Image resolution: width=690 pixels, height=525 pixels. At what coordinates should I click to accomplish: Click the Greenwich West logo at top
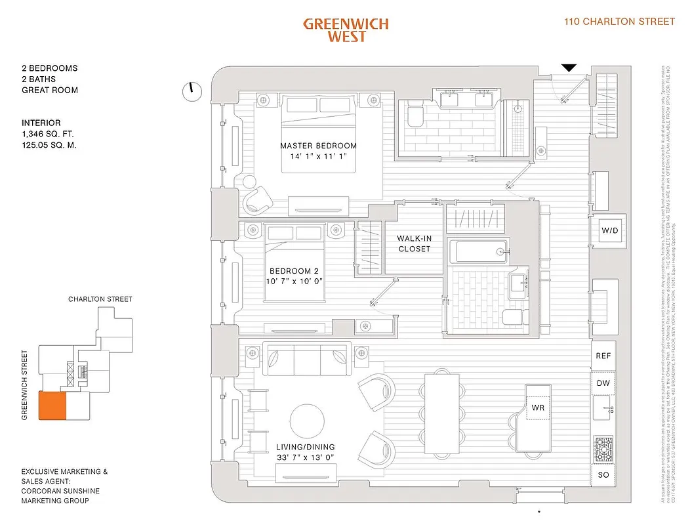[346, 30]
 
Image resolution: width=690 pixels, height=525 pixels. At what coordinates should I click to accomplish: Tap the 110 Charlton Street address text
[619, 22]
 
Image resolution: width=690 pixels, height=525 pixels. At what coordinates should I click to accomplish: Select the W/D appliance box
[609, 230]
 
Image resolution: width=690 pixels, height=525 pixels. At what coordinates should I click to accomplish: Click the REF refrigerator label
[603, 356]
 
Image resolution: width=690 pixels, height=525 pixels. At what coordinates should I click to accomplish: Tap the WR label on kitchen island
[537, 408]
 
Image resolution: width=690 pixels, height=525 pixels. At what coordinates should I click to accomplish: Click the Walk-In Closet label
[414, 243]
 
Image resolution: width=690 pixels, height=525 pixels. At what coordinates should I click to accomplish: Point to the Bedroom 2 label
[294, 271]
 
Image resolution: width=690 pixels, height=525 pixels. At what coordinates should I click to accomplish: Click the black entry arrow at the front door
[569, 67]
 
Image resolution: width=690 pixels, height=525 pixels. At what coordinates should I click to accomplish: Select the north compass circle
[192, 91]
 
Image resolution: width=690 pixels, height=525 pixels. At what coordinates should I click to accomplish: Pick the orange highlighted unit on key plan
[52, 406]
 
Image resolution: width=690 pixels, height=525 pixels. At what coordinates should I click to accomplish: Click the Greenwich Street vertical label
[25, 385]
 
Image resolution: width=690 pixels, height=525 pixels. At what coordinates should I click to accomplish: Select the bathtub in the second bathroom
[477, 251]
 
